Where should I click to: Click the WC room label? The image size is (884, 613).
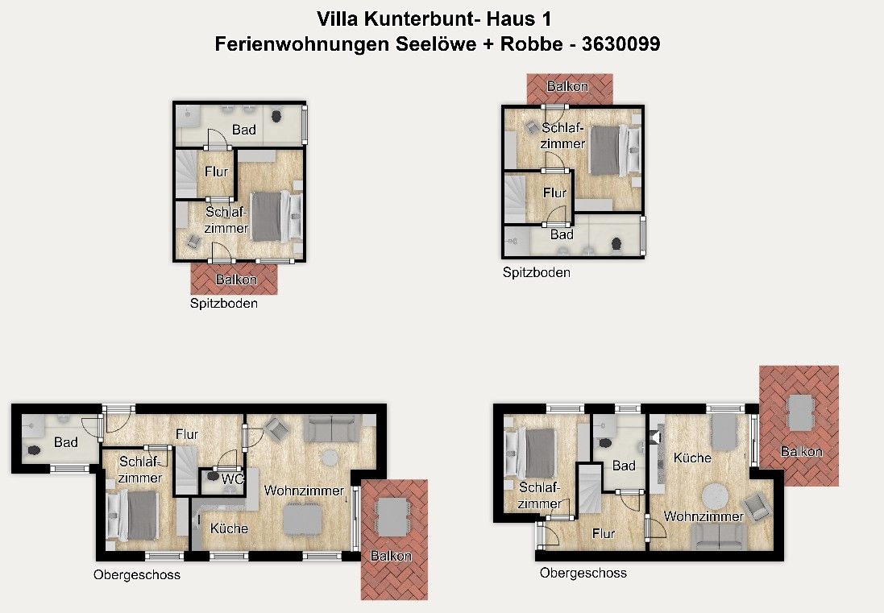click(232, 478)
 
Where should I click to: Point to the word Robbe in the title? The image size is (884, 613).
click(530, 45)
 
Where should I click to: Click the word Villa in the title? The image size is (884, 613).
click(339, 17)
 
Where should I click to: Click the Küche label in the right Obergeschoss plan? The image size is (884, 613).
click(693, 458)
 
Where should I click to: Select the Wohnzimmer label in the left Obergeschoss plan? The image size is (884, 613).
click(304, 490)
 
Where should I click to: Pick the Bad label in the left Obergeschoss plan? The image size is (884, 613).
click(66, 442)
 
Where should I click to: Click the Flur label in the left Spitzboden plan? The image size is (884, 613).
click(216, 172)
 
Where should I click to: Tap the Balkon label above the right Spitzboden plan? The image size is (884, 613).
click(567, 86)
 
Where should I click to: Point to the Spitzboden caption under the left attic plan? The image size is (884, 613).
click(224, 304)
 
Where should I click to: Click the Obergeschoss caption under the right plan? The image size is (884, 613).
click(583, 573)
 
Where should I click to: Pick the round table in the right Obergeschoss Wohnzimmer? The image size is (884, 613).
click(715, 494)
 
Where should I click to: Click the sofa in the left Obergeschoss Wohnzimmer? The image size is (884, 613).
click(330, 427)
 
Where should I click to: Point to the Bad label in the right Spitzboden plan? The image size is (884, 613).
click(562, 234)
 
